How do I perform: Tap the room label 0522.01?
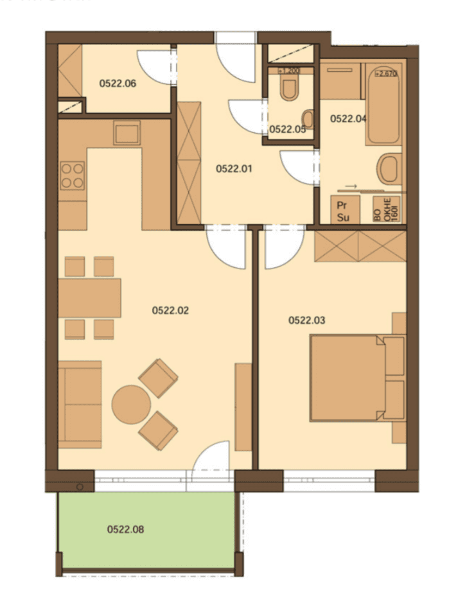[x=234, y=170]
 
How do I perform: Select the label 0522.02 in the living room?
[x=170, y=311]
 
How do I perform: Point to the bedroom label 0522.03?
[x=307, y=320]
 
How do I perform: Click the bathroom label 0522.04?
[x=348, y=118]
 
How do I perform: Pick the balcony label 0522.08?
[x=125, y=530]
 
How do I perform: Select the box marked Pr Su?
[x=342, y=211]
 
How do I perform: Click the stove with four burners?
[x=72, y=175]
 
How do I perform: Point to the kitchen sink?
[x=127, y=134]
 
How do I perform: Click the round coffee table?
[x=131, y=404]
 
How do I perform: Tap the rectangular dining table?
[x=89, y=297]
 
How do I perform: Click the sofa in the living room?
[x=80, y=404]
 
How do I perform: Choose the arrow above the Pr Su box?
[x=351, y=187]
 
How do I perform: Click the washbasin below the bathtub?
[x=389, y=169]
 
